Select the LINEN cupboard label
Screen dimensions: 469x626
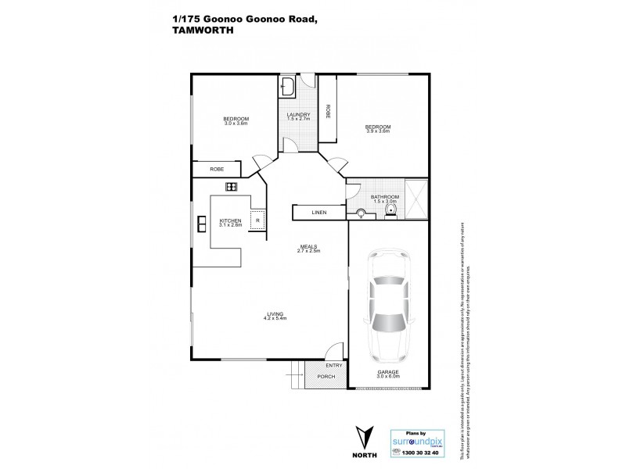click(x=318, y=212)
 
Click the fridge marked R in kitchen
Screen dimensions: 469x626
click(x=257, y=220)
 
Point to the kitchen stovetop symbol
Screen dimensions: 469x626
click(x=232, y=186)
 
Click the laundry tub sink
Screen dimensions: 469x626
click(x=287, y=86)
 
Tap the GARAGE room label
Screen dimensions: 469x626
click(x=389, y=372)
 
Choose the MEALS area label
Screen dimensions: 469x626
click(x=309, y=246)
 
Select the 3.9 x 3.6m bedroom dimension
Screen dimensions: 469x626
click(x=379, y=131)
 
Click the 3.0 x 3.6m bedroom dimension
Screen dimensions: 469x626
click(x=236, y=124)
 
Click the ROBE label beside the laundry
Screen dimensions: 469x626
click(x=329, y=112)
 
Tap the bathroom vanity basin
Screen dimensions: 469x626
click(x=362, y=213)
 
